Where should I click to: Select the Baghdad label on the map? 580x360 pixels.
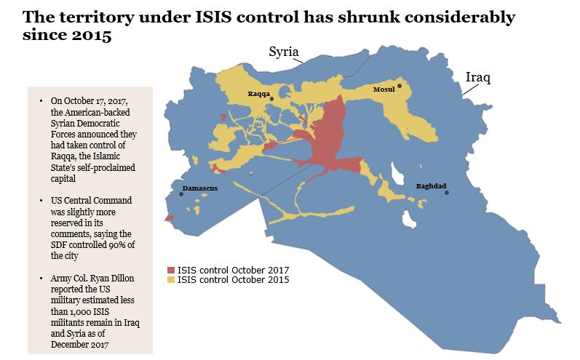431,185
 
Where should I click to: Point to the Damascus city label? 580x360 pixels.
199,188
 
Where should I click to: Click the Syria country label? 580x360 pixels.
283,52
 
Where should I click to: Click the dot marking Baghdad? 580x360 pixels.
448,193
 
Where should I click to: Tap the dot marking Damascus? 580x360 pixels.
181,193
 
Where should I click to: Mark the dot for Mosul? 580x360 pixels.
400,86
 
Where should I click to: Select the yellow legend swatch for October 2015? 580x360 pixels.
171,279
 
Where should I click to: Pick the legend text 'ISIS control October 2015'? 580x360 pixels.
233,279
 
